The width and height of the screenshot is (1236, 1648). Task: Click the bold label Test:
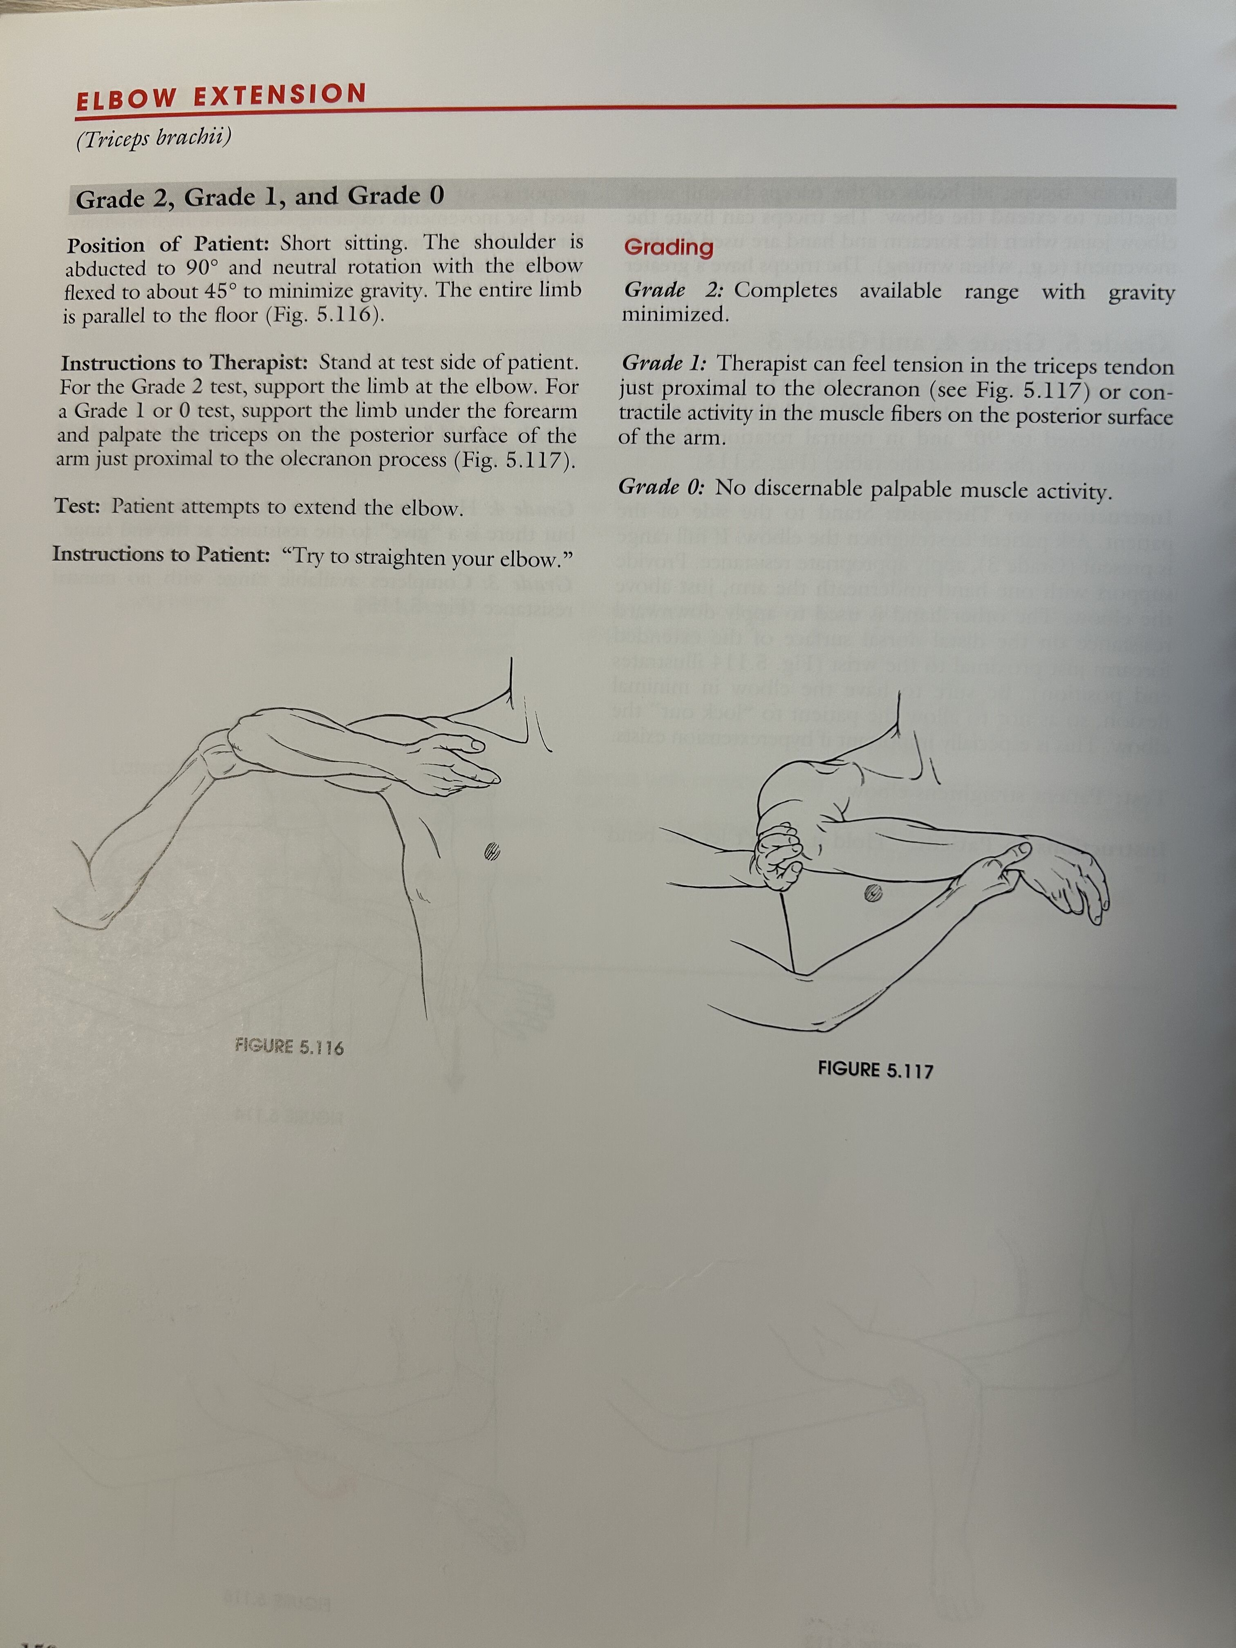78,506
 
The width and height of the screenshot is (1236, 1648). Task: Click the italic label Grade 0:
662,487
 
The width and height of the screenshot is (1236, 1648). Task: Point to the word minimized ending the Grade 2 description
675,314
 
